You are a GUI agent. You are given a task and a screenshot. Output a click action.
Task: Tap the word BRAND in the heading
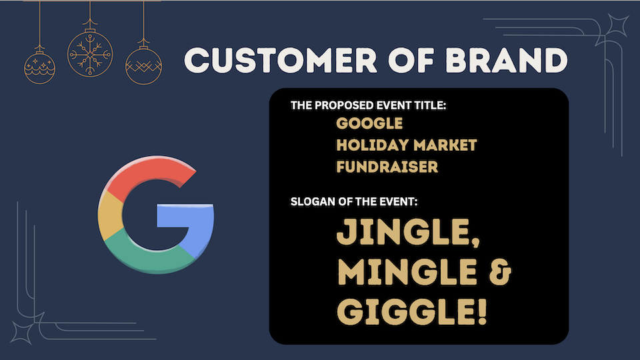507,61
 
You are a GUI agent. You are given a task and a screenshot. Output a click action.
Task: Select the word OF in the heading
411,61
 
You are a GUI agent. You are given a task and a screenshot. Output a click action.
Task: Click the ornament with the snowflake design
90,53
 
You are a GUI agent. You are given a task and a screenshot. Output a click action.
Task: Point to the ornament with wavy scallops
39,67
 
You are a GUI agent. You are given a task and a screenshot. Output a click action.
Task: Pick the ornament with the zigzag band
144,66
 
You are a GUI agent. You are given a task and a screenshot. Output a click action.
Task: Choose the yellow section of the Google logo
110,215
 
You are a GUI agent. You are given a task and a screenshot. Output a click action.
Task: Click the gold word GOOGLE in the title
369,123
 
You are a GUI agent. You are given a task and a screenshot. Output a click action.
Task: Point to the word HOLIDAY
372,145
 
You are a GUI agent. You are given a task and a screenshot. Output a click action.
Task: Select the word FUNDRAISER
387,167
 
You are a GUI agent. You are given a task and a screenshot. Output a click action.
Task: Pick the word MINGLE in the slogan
407,272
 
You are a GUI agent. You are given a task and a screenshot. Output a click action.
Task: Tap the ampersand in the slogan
499,272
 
